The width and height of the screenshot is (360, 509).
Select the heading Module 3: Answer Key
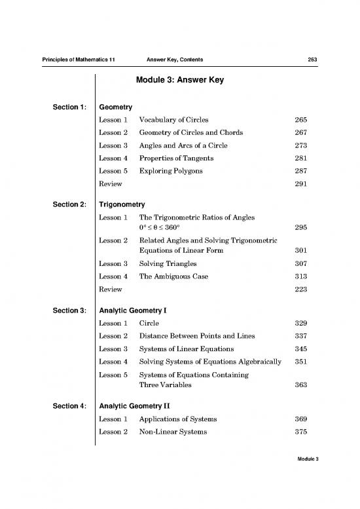point(179,82)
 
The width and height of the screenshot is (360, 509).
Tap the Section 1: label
point(65,107)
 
